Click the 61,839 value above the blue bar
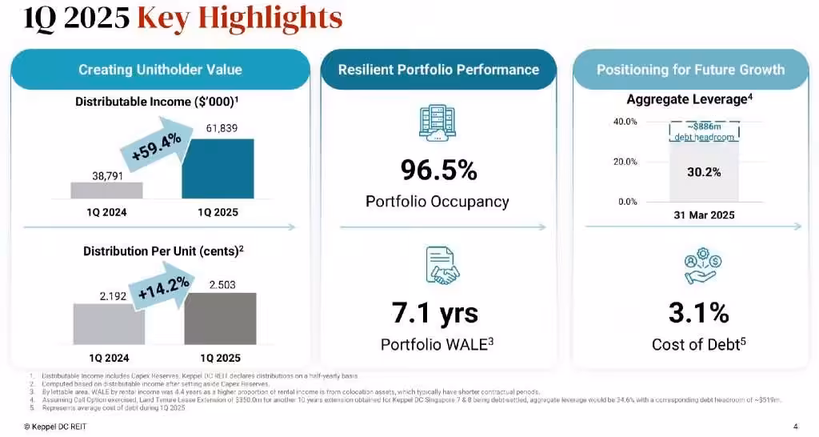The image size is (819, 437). coord(218,128)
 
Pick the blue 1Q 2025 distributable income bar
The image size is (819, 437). coord(218,169)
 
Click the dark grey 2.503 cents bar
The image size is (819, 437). coord(221,319)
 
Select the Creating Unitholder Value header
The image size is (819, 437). coord(161,70)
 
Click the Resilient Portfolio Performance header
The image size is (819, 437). coord(438,70)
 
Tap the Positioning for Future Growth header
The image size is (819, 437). coord(690,70)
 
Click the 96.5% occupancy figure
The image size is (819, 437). coord(438,170)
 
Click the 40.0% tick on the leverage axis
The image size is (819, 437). coord(625,122)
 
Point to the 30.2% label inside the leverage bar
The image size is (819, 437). coord(704,172)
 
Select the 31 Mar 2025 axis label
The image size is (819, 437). coord(703,215)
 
